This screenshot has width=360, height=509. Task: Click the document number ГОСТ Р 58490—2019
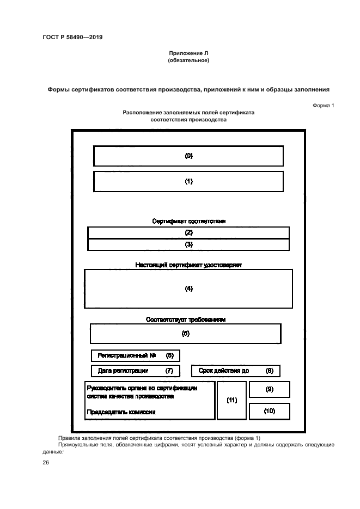[72, 37]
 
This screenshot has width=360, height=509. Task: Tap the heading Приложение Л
[188, 53]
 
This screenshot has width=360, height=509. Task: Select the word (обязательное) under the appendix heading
[188, 60]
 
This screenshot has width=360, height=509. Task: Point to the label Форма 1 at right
[323, 105]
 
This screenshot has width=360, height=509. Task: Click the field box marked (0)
[188, 156]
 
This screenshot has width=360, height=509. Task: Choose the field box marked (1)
[188, 182]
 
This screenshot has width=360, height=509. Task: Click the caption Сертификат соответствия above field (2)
[188, 222]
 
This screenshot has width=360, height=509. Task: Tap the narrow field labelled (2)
[188, 232]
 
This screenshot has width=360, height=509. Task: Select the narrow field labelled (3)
[188, 244]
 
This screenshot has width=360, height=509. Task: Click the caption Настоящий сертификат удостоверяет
[188, 265]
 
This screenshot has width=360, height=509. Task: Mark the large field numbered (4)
[188, 289]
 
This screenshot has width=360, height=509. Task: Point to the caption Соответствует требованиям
[186, 320]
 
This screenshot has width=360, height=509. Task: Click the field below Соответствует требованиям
[186, 333]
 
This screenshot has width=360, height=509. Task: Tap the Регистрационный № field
[135, 355]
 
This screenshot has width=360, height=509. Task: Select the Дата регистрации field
[135, 371]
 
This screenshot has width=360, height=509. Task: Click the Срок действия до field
[235, 371]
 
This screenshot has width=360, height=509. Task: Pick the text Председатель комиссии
[121, 412]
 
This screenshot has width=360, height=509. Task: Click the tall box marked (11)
[231, 400]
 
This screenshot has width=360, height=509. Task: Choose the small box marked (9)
[269, 390]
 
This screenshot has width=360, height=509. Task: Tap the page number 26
[46, 463]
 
